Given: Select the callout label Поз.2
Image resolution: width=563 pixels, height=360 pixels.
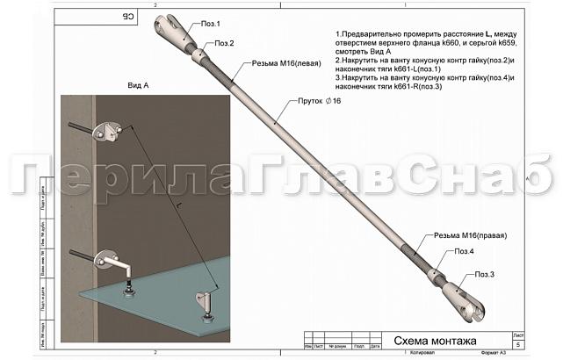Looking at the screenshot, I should tap(225, 43).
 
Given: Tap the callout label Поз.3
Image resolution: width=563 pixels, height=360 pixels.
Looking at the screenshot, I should tap(487, 275).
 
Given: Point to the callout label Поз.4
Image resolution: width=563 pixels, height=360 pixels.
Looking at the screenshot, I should tap(465, 252).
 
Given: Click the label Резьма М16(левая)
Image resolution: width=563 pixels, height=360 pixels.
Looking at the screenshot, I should tap(286, 63).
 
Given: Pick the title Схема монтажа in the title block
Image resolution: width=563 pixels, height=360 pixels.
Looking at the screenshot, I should tap(434, 341).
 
